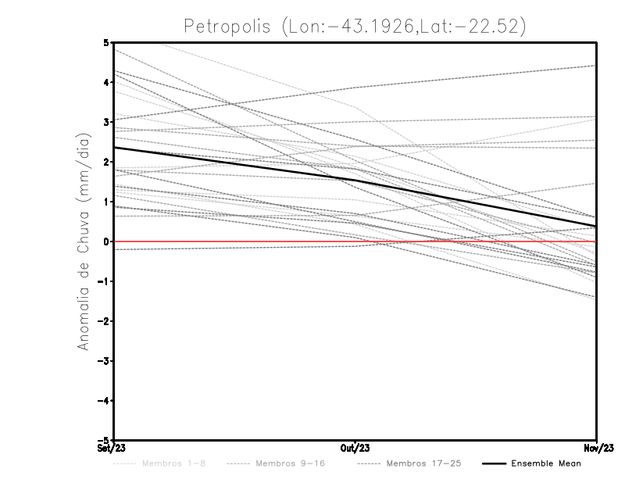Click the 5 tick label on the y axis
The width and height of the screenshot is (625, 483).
105,42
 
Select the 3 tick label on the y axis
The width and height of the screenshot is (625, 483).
105,122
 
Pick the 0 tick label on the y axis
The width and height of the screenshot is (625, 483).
105,241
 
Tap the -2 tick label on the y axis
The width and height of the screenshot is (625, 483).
103,321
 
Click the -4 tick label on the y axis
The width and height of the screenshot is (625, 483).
103,400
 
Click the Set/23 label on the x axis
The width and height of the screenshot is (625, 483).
112,449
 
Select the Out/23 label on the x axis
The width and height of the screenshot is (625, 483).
355,449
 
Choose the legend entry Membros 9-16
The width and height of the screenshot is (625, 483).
290,463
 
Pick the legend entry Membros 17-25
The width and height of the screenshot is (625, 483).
423,463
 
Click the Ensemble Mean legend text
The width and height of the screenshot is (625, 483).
545,463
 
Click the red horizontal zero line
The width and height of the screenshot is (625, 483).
234,241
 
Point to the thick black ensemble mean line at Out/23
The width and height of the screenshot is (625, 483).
355,181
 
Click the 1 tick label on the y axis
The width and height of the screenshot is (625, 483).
105,202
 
